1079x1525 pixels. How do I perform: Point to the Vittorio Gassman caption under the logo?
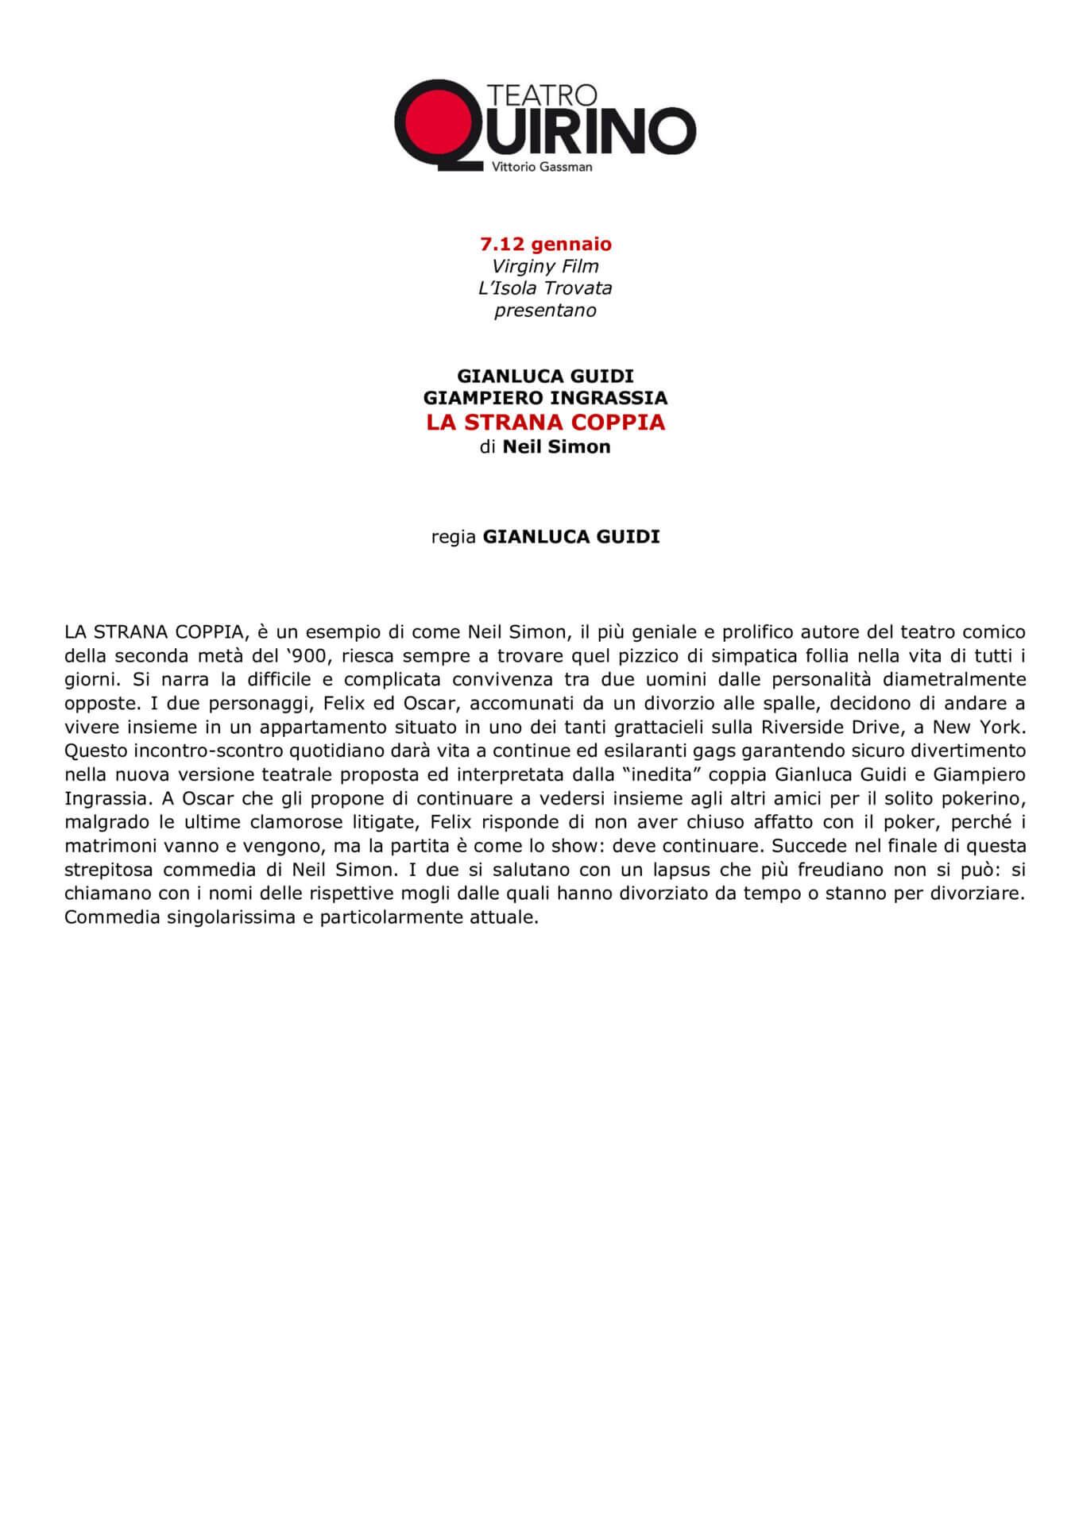tap(542, 167)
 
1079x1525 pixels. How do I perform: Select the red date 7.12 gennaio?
tap(546, 244)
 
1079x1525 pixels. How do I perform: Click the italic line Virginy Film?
tap(545, 266)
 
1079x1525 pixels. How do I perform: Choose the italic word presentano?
tap(545, 311)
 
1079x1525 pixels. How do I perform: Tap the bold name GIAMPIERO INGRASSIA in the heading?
tap(545, 397)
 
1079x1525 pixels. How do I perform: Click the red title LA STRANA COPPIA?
tap(545, 422)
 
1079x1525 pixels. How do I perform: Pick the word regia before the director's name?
tap(454, 537)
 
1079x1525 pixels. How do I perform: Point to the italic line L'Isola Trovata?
tap(545, 288)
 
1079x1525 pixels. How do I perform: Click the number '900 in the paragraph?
tap(306, 656)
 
